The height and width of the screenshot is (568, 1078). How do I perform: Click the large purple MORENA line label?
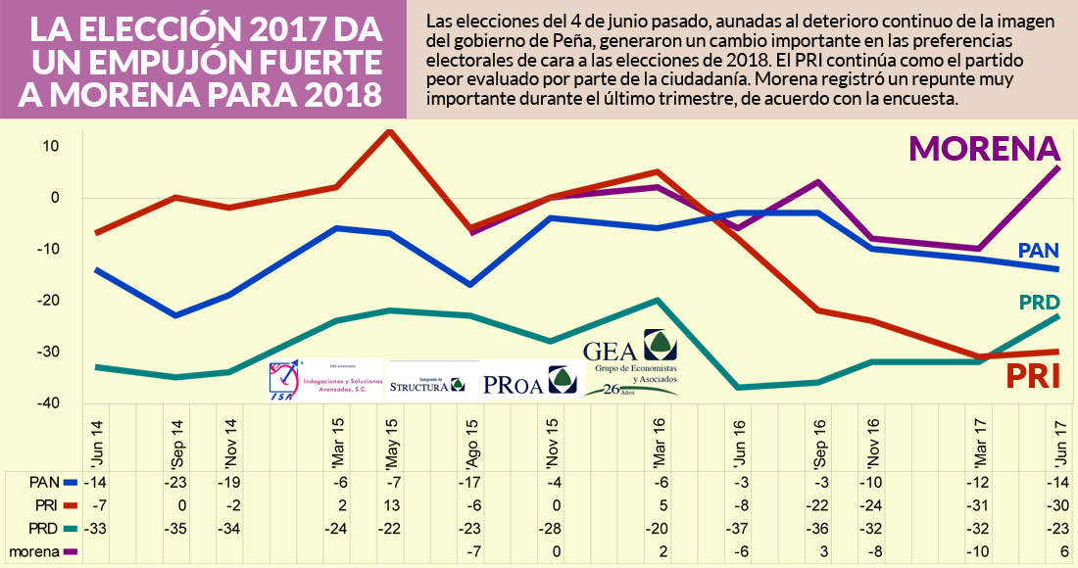tap(985, 148)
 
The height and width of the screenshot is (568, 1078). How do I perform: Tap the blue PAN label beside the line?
tap(1039, 251)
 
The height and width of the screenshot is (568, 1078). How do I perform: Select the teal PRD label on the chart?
tap(1039, 303)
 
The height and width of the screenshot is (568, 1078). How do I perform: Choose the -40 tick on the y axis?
tap(47, 403)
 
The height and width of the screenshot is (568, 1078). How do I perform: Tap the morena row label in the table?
tap(36, 551)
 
